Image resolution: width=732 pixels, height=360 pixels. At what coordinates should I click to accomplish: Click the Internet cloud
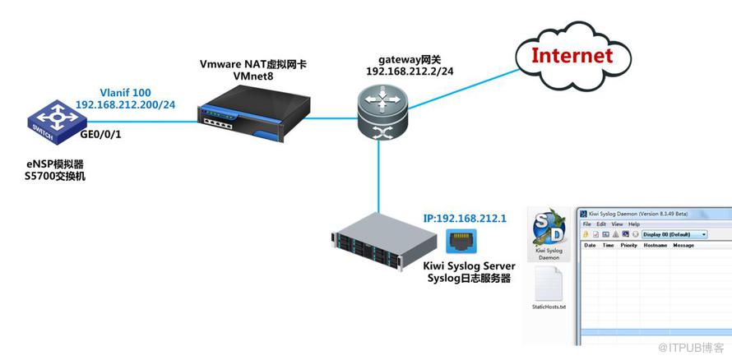pyautogui.click(x=571, y=57)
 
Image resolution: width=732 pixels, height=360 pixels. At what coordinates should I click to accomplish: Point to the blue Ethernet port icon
pyautogui.click(x=459, y=241)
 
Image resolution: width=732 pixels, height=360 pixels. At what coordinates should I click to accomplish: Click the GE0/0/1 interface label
pyautogui.click(x=101, y=133)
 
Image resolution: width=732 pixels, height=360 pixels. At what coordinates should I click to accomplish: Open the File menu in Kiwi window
pyautogui.click(x=587, y=224)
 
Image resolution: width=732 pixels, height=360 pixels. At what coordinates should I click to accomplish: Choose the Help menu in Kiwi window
pyautogui.click(x=634, y=224)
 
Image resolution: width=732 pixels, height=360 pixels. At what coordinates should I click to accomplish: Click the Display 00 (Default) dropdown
pyautogui.click(x=674, y=234)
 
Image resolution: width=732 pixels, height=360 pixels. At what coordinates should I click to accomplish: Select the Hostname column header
pyautogui.click(x=656, y=245)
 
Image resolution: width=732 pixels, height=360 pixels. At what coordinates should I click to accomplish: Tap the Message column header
pyautogui.click(x=683, y=245)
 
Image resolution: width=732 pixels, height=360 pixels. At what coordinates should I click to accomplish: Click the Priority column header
pyautogui.click(x=628, y=245)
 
